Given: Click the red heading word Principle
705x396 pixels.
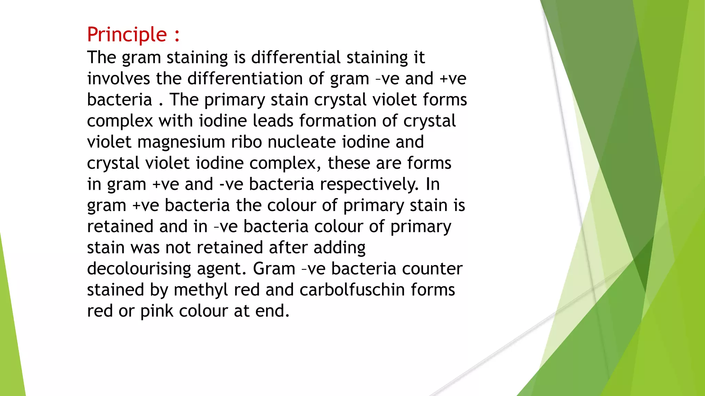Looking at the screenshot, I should pyautogui.click(x=127, y=35).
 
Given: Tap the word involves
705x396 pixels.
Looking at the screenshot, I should pyautogui.click(x=118, y=78).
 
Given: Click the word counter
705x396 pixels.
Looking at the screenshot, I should pyautogui.click(x=432, y=269).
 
